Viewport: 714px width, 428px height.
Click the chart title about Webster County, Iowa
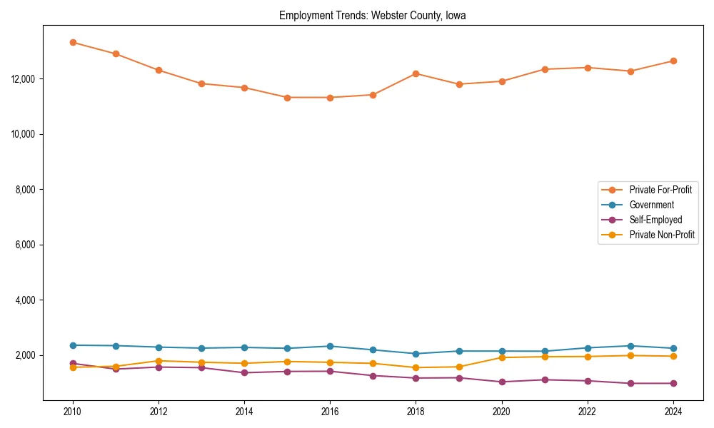click(372, 16)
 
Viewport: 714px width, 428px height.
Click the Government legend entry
click(651, 205)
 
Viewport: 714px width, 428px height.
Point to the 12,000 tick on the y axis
click(25, 79)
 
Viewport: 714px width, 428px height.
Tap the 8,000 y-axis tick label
click(27, 190)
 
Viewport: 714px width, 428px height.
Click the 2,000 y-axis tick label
click(27, 355)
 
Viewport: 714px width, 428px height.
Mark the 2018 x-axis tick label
click(416, 412)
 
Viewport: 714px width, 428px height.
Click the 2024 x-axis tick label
click(673, 412)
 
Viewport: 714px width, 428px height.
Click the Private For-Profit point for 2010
click(73, 42)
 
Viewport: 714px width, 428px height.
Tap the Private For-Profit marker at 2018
click(416, 73)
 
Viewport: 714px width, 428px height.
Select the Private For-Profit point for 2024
click(673, 61)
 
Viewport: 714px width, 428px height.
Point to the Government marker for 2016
click(330, 346)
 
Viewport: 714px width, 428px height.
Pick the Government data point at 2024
click(673, 349)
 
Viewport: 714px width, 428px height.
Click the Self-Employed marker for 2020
click(501, 382)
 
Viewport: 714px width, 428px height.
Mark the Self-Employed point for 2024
click(673, 383)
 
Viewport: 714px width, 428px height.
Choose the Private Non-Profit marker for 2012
click(159, 361)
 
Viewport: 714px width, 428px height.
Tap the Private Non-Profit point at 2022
click(587, 357)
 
